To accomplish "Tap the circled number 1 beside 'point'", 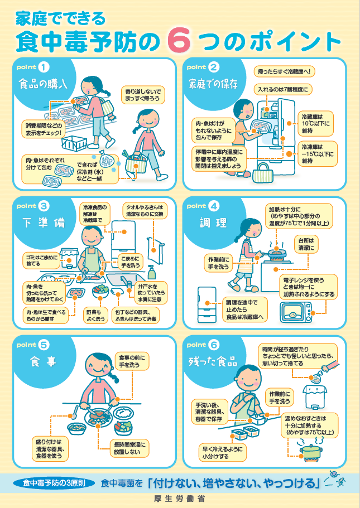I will (45, 67).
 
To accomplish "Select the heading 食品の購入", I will (43, 85).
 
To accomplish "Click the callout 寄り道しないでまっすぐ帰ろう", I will (143, 94).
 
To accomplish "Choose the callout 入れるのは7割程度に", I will (282, 89).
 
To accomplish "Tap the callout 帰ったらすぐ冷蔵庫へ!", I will (285, 71).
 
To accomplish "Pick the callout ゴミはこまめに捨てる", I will (41, 259).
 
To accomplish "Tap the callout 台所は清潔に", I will (309, 244).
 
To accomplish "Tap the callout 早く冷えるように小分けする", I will (223, 453).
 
